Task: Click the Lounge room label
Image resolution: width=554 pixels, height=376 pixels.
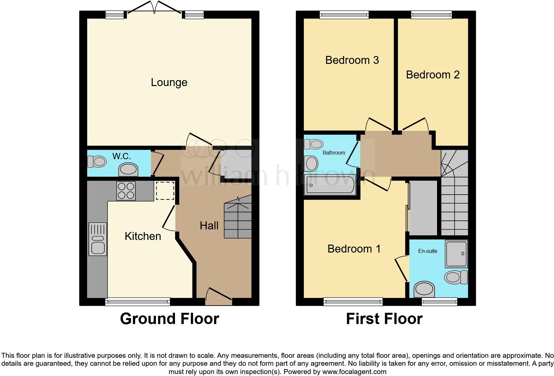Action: point(169,82)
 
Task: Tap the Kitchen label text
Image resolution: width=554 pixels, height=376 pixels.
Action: point(143,236)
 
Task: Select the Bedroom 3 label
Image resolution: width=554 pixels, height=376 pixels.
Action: point(352,60)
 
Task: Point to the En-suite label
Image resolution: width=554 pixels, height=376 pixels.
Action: point(428,251)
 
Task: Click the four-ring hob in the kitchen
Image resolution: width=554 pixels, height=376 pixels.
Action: point(126,191)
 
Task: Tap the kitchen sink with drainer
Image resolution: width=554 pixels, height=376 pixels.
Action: point(98,239)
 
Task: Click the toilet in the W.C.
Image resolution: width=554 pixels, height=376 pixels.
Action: point(97,162)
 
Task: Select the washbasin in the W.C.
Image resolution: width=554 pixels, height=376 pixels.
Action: point(128,169)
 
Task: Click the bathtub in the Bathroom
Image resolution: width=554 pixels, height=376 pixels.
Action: point(330,185)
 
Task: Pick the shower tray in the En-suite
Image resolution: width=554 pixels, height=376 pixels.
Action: point(456,254)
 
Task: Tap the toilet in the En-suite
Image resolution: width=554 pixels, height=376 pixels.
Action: point(456,277)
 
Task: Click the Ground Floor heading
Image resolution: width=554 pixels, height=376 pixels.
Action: point(170,319)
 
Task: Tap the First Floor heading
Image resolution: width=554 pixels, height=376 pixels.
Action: point(384,319)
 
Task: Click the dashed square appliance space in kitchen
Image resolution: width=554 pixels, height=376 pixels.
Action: point(165,190)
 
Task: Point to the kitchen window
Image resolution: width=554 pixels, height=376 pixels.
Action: point(138,302)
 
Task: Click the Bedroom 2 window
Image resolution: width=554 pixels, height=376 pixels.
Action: point(432,15)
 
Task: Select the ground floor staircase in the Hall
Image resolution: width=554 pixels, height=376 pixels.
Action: point(238,217)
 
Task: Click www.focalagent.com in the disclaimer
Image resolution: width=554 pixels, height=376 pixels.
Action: point(354,372)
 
